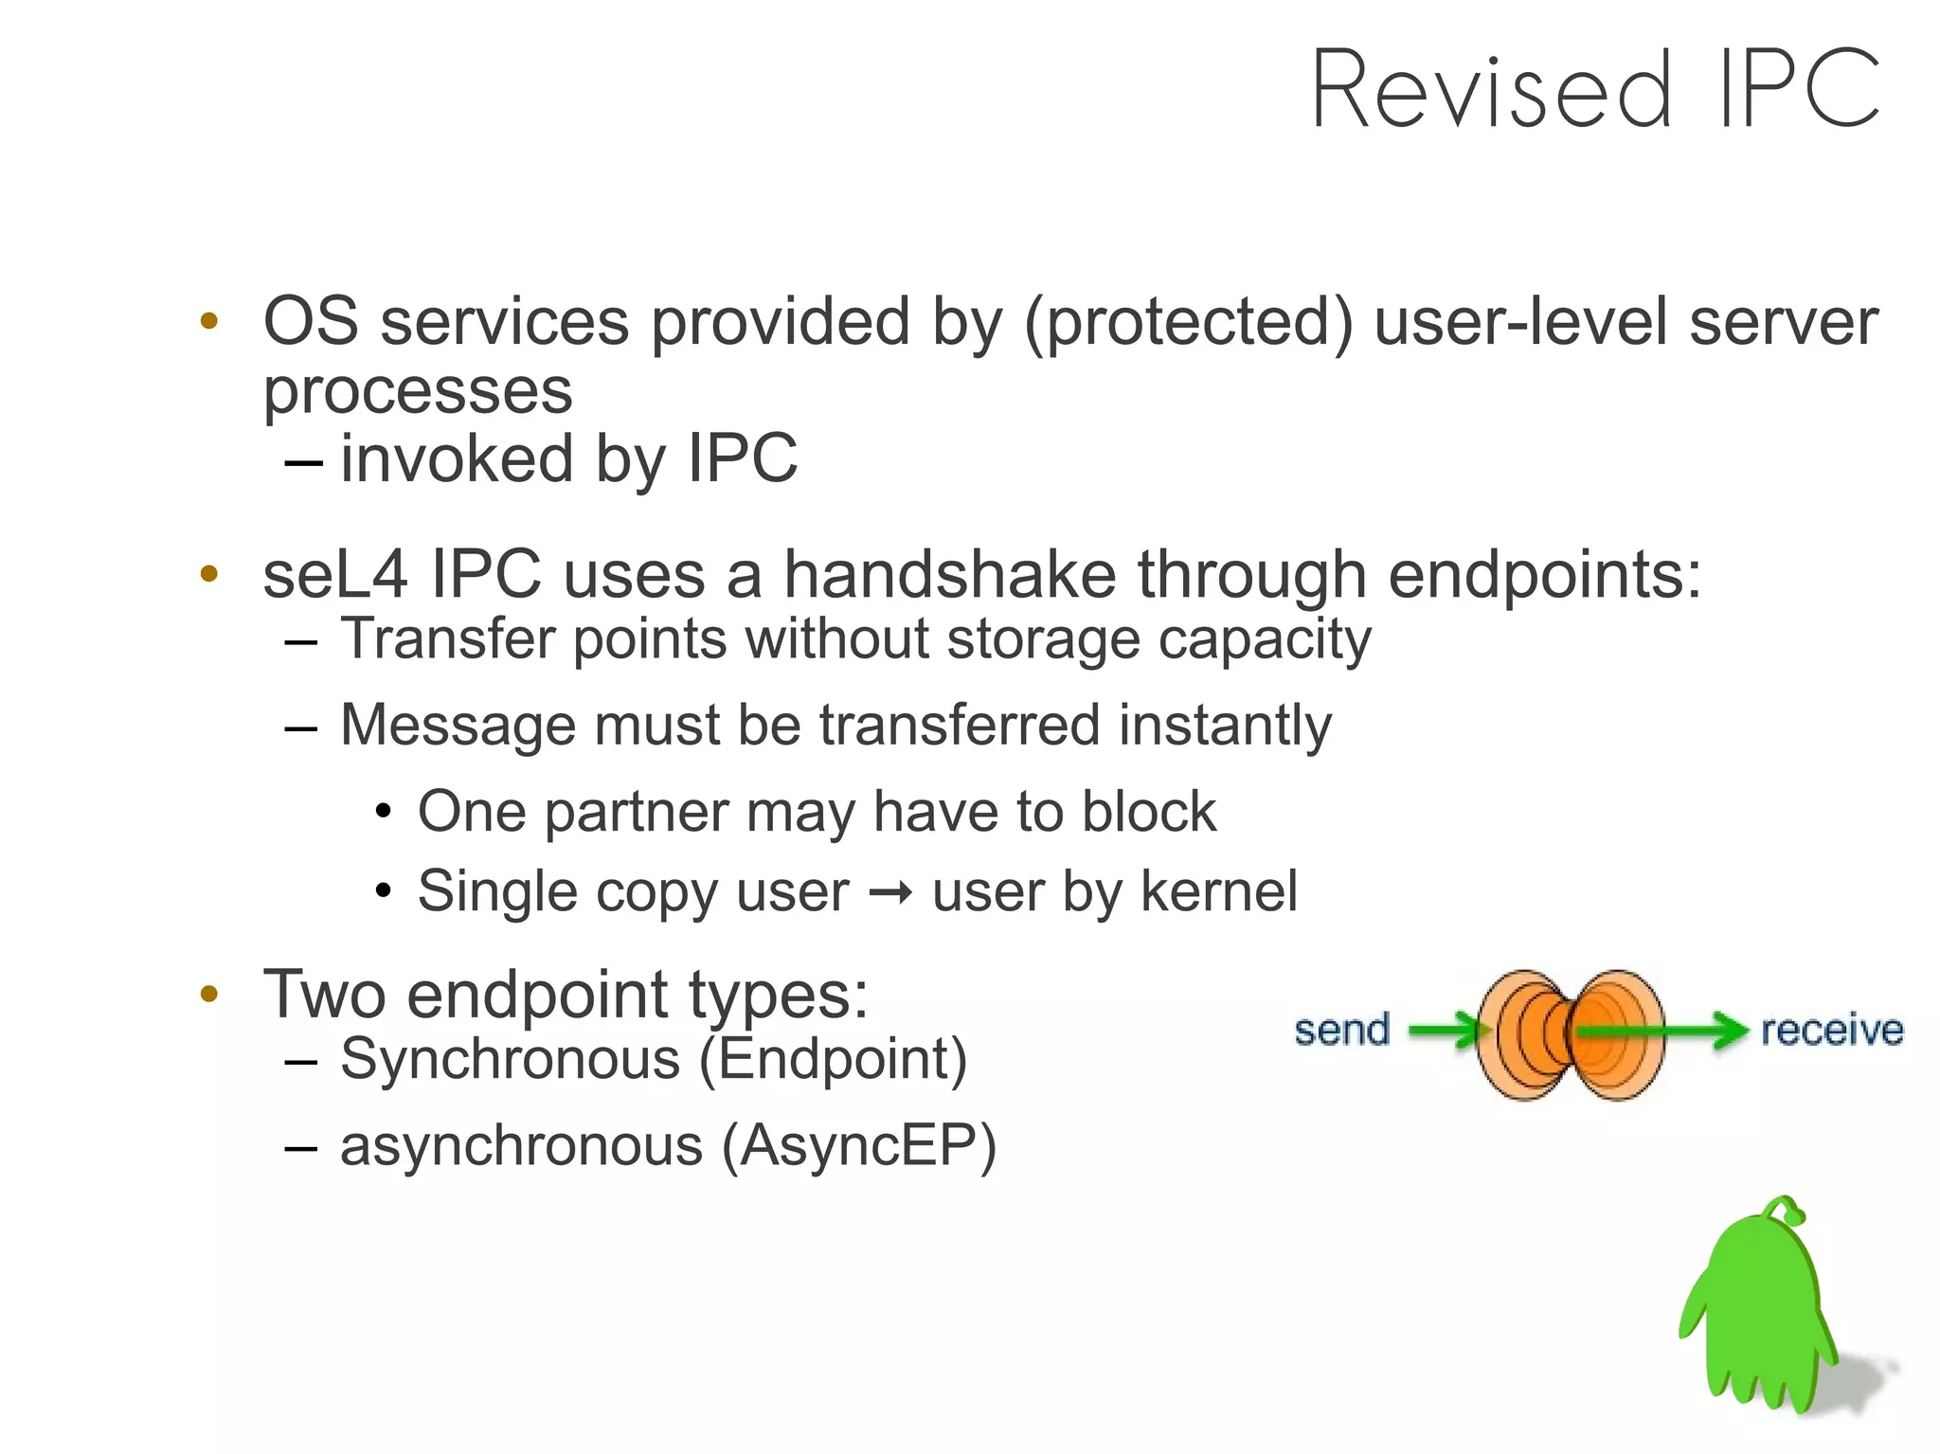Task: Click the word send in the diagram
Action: [1341, 1030]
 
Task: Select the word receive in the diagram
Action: [1831, 1030]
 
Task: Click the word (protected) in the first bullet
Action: [1189, 323]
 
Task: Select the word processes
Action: [418, 391]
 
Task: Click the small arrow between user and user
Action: [890, 892]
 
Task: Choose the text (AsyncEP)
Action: [858, 1146]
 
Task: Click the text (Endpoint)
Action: [833, 1059]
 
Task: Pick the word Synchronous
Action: [510, 1059]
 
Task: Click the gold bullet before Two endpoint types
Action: [209, 995]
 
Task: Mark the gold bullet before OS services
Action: [209, 321]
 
